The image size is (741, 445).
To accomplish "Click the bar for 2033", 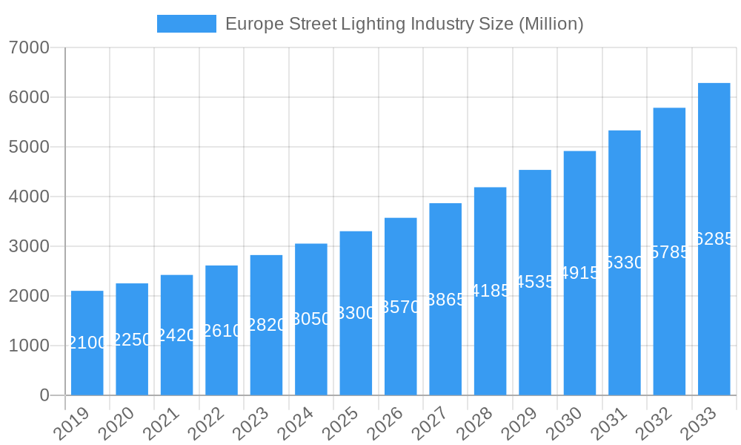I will [714, 311].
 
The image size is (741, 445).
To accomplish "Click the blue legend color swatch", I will [186, 24].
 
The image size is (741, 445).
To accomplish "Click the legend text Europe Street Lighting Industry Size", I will [404, 24].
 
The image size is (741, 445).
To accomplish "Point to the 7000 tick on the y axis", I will [30, 48].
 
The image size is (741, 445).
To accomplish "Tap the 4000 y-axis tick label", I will [30, 197].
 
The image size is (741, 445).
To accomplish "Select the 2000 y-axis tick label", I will [30, 297].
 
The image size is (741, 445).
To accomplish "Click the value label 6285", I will [714, 239].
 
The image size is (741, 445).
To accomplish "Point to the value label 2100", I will [87, 343].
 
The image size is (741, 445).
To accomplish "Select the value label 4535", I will [535, 282].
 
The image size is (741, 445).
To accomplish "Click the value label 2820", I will [266, 325].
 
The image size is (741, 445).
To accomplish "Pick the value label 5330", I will [625, 263].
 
